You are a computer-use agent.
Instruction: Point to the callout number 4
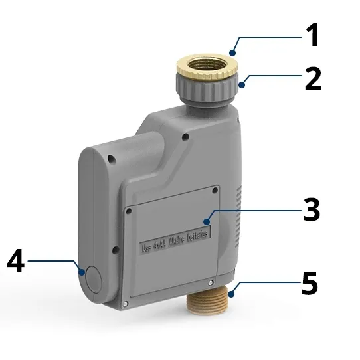pyautogui.click(x=15, y=261)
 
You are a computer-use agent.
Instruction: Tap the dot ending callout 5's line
pyautogui.click(x=230, y=293)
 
